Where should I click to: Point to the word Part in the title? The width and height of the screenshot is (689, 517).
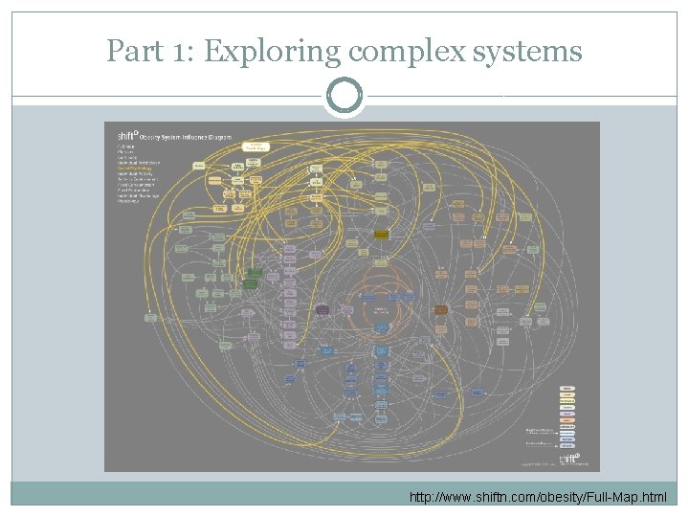point(132,51)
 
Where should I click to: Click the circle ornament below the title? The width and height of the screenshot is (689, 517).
point(344,95)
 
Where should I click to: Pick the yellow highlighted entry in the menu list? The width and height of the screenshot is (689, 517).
point(140,169)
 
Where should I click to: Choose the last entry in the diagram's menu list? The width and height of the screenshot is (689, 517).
point(129,202)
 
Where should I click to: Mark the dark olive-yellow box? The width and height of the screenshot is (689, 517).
point(381,234)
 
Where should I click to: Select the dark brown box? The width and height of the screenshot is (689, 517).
point(441,309)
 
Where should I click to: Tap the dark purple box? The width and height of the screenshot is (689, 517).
point(323,309)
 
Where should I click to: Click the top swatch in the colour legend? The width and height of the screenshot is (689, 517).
point(567,387)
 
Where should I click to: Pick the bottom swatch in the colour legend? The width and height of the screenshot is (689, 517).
point(567,445)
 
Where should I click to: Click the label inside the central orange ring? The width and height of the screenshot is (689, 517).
point(381,309)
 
